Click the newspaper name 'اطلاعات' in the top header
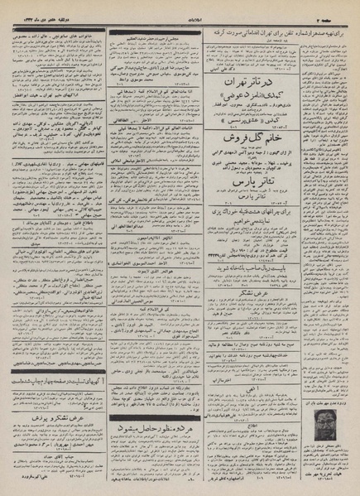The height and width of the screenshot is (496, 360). (x=180, y=7)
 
